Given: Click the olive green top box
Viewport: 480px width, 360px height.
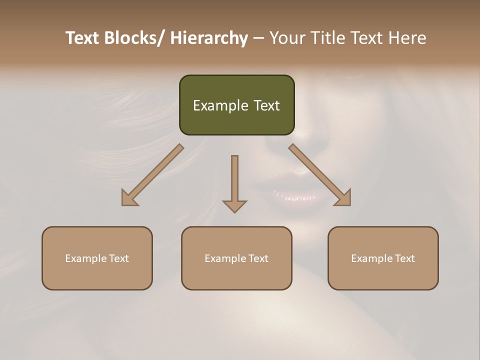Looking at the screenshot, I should click(236, 105).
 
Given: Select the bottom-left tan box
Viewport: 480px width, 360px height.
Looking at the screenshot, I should click(97, 258).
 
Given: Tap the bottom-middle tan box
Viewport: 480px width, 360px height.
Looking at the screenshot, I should click(236, 258).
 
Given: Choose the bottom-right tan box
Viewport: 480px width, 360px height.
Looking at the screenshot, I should click(383, 258).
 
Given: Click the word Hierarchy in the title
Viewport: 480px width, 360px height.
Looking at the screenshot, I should click(209, 38).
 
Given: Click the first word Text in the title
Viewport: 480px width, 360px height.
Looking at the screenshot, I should click(82, 38).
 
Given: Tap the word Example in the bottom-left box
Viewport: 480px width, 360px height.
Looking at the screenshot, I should click(86, 258).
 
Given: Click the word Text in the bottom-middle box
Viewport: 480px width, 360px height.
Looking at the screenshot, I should click(258, 258).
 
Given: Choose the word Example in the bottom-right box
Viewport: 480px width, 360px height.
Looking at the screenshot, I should click(372, 258).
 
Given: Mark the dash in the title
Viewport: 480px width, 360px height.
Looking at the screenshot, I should click(258, 38).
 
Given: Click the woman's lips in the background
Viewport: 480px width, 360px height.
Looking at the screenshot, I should click(295, 196).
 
